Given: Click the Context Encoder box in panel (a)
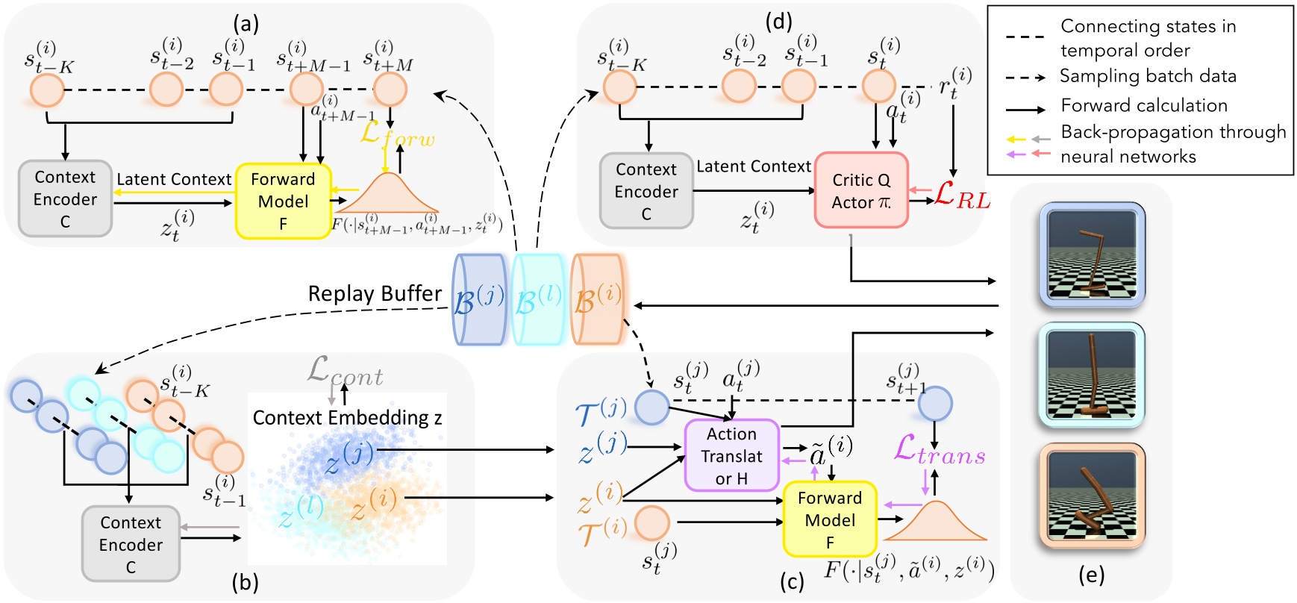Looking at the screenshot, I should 65,199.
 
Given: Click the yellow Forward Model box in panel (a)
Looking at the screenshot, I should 283,201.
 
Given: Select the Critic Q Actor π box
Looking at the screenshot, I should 861,191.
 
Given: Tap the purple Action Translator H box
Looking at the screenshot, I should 732,455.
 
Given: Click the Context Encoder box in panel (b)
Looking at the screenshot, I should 131,544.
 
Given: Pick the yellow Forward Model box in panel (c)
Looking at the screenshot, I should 830,519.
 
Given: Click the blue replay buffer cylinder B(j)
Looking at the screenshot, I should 478,299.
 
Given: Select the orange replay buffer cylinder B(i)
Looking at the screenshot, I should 597,299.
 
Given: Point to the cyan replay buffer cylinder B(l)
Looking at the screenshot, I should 537,299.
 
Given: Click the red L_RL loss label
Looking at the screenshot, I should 961,196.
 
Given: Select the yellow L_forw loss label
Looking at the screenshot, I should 396,134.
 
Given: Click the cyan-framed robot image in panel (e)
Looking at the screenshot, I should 1092,375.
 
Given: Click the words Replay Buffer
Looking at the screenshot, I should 375,294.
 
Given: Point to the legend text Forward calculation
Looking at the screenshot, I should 1143,106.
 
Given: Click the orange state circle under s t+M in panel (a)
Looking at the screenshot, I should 389,90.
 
